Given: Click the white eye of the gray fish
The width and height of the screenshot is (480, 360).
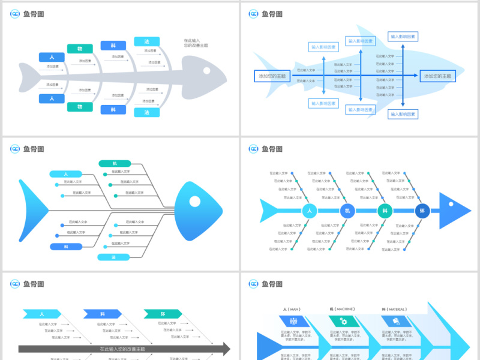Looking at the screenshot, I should pos(206,71).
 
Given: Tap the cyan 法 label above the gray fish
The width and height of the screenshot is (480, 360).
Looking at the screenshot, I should pos(146,41).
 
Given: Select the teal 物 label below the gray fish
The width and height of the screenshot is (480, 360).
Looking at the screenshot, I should pos(80,107).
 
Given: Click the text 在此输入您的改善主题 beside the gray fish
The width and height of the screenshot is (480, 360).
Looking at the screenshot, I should pos(196,43).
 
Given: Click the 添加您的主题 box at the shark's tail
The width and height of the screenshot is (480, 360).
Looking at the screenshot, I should pos(272,76).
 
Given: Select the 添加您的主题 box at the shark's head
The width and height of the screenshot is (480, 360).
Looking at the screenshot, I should pos(437,76).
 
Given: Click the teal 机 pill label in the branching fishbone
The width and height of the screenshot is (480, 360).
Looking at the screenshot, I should pos(115,163).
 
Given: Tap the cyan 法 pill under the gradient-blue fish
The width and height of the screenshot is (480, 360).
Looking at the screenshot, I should pos(113,257).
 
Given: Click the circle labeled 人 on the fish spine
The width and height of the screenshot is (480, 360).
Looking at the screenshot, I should pos(310,211).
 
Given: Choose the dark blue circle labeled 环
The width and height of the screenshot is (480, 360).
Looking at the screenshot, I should pos(422,211).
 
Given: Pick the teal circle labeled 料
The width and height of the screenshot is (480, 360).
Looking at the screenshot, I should pos(385,211).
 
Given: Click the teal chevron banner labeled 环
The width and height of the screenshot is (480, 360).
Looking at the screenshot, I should pos(163,313).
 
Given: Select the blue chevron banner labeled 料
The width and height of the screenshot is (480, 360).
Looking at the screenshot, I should pos(103,313).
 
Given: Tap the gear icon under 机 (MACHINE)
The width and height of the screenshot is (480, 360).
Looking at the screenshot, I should pos(344,321).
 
